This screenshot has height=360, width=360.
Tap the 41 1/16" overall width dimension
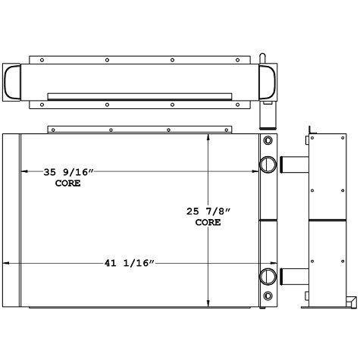tap(130, 263)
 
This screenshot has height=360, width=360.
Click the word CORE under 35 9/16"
tap(68, 184)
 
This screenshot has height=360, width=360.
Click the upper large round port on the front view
tap(268, 164)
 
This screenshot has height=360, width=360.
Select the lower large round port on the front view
tap(268, 276)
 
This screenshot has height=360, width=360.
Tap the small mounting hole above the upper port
tap(267, 142)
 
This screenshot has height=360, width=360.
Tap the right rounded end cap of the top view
tap(269, 80)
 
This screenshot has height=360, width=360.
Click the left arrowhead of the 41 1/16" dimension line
tap(8, 263)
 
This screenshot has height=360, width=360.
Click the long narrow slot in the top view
tap(140, 95)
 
